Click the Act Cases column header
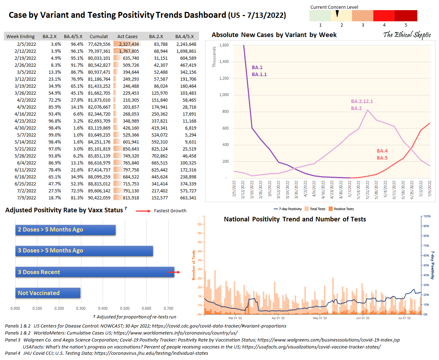pos(127,36)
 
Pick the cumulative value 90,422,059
pos(99,198)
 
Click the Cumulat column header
pos(98,36)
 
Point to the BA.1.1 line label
pos(259,74)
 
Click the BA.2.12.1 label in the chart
pos(362,101)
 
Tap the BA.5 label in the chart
pos(382,158)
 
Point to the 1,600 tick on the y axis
pos(224,45)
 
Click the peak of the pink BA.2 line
pos(368,110)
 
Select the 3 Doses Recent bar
pos(95,272)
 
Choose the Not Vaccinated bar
pos(48,293)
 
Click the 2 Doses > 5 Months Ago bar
pos(65,230)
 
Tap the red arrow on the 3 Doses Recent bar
pos(174,272)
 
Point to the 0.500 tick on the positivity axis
pos(125,308)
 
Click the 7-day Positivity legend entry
pos(288,209)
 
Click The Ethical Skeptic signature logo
pos(407,35)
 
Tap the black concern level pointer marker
pos(337,14)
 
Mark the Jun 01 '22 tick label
pos(363,318)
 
